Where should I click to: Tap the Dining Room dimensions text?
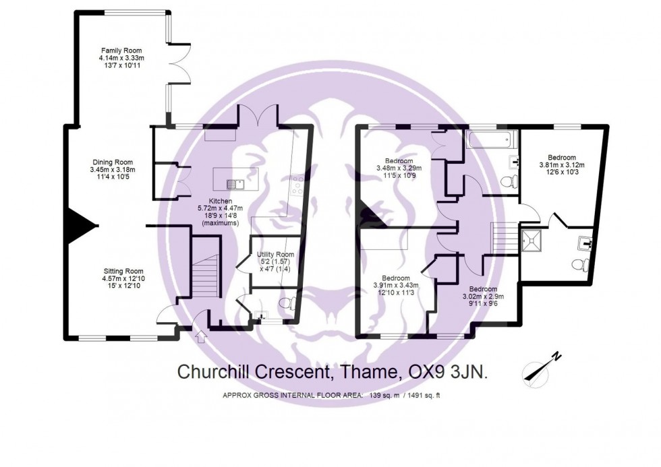click(112, 175)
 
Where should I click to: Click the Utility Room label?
click(275, 254)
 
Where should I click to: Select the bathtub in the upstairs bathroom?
click(491, 142)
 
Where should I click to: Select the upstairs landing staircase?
click(503, 237)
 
